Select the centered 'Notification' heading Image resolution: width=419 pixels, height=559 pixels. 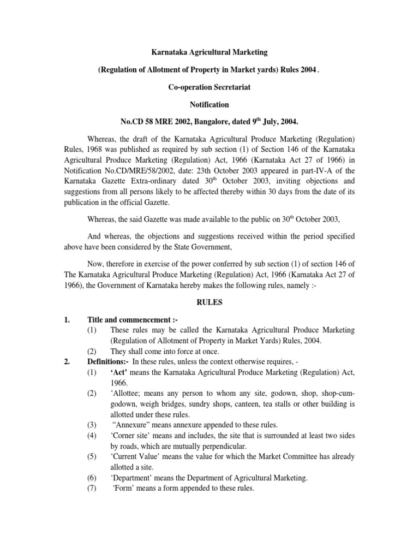(210, 104)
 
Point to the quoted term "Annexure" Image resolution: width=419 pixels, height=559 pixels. (134, 424)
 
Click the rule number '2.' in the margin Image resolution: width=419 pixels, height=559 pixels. (61, 362)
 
